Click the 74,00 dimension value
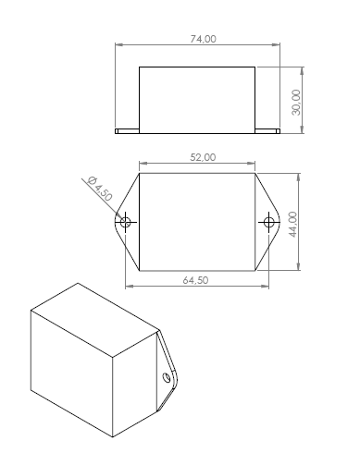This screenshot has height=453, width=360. click(203, 39)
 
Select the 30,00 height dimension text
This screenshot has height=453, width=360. click(296, 103)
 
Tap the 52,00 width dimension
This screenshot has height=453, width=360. click(203, 157)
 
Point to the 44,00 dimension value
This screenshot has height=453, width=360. click(293, 224)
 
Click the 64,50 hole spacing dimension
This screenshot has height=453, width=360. click(195, 280)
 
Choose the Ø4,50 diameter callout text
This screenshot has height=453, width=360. click(100, 189)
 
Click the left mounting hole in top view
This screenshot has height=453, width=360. click(125, 222)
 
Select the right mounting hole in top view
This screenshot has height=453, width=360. click(268, 222)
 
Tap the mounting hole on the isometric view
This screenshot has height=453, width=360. click(167, 377)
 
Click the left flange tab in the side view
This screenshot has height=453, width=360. click(127, 131)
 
